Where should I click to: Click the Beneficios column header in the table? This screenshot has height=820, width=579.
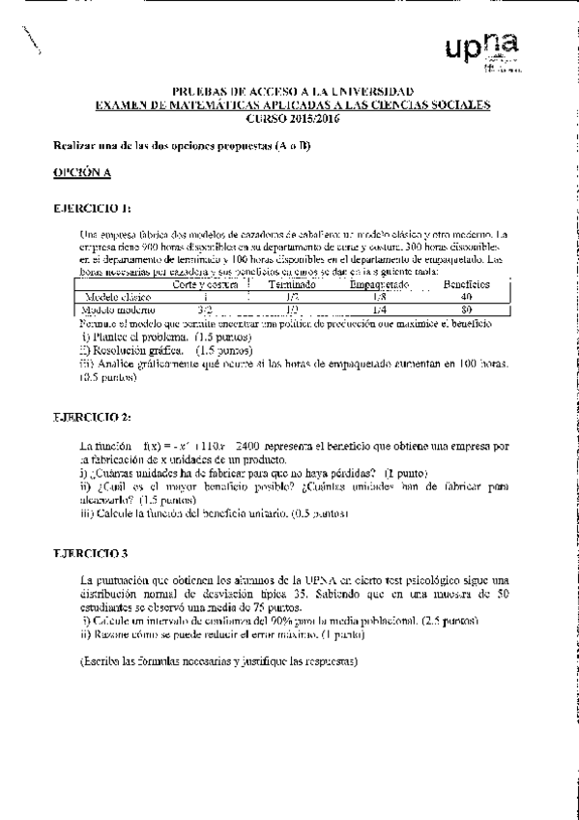pyautogui.click(x=466, y=284)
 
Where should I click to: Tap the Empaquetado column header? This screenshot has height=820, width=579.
pyautogui.click(x=380, y=285)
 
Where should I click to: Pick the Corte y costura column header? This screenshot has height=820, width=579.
pyautogui.click(x=205, y=285)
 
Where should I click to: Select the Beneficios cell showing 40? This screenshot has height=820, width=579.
pyautogui.click(x=466, y=297)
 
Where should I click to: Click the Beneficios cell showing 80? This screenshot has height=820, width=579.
pyautogui.click(x=466, y=309)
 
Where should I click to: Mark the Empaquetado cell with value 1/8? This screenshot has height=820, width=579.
pyautogui.click(x=380, y=297)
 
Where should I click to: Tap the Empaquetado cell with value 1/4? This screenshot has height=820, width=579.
pyautogui.click(x=380, y=309)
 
